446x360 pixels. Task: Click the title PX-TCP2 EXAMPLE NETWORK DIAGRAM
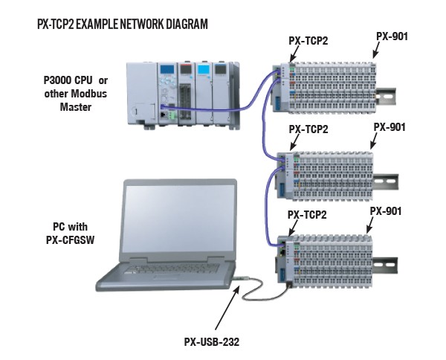[122, 25]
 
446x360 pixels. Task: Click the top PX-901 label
[390, 35]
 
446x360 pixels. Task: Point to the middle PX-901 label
[389, 126]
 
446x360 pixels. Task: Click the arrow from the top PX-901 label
[375, 51]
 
